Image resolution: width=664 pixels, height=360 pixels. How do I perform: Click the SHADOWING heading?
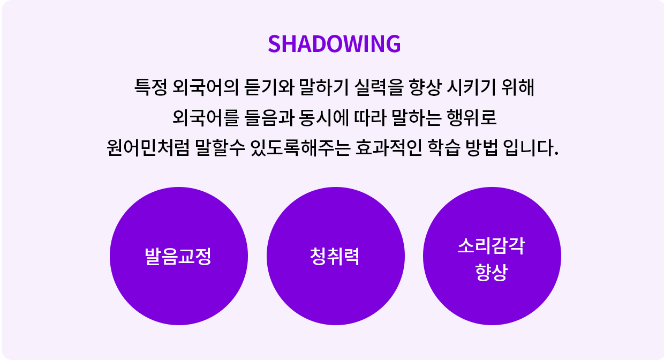tap(334, 44)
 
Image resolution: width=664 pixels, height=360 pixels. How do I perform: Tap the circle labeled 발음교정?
tap(179, 256)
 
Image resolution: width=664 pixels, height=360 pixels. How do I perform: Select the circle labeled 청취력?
tap(336, 256)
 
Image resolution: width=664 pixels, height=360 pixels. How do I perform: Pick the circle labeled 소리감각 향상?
tap(492, 256)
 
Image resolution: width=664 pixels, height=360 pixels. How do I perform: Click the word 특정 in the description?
tap(150, 87)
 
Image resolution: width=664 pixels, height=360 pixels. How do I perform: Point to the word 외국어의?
tap(205, 87)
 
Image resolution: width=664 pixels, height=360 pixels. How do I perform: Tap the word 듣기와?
tap(269, 87)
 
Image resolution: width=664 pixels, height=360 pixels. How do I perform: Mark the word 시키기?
tap(471, 87)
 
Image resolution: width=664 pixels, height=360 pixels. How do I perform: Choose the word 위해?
tap(518, 87)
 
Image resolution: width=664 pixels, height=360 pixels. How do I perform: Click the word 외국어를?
tap(206, 117)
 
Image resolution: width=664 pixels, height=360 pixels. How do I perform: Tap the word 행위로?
tap(472, 117)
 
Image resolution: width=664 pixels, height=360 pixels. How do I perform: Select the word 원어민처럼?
tap(148, 147)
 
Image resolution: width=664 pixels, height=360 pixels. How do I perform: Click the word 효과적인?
tap(389, 147)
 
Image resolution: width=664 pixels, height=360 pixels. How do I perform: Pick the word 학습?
tap(444, 147)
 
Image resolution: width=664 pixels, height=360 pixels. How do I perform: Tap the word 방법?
tap(482, 147)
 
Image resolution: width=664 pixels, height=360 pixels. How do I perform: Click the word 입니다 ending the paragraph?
tap(531, 147)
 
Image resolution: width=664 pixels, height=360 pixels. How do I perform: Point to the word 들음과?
tap(269, 117)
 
